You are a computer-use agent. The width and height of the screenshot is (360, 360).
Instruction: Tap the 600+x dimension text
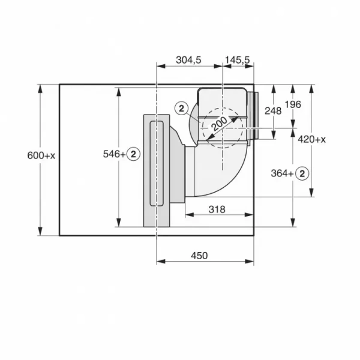pyautogui.click(x=41, y=155)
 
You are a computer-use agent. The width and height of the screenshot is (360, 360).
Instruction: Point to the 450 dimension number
pyautogui.click(x=199, y=256)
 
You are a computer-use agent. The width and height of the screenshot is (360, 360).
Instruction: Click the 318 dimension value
pyautogui.click(x=217, y=209)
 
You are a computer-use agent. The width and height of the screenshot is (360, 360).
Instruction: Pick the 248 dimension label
pyautogui.click(x=272, y=111)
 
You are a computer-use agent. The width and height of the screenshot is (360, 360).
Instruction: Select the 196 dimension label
pyautogui.click(x=292, y=104)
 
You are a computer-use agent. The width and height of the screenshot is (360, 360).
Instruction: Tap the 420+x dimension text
pyautogui.click(x=311, y=139)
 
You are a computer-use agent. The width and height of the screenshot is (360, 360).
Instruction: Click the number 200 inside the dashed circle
pyautogui.click(x=220, y=122)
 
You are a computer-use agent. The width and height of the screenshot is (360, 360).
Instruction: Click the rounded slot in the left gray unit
pyautogui.click(x=155, y=162)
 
